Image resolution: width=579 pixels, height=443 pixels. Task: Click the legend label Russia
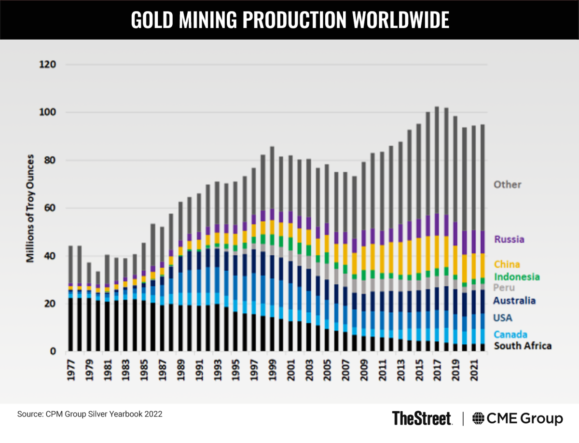(x=509, y=239)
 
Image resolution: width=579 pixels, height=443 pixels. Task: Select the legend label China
(x=507, y=264)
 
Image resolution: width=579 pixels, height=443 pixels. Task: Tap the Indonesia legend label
(x=516, y=277)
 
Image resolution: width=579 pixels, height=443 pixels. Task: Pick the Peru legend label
(x=504, y=288)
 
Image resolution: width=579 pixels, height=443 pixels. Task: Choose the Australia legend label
(x=514, y=301)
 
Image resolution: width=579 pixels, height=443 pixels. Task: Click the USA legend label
(x=502, y=318)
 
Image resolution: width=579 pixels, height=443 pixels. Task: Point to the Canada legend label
(x=510, y=334)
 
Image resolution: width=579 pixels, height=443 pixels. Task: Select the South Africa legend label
(x=522, y=346)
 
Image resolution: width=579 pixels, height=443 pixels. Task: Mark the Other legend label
(x=507, y=184)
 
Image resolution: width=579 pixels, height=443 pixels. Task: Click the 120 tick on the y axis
(x=49, y=64)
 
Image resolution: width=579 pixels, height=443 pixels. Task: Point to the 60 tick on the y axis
(x=51, y=208)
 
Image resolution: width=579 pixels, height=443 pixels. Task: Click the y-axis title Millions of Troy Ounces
(x=30, y=208)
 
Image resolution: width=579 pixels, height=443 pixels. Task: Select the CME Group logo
(x=517, y=418)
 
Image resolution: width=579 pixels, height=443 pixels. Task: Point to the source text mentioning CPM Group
(x=90, y=414)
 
